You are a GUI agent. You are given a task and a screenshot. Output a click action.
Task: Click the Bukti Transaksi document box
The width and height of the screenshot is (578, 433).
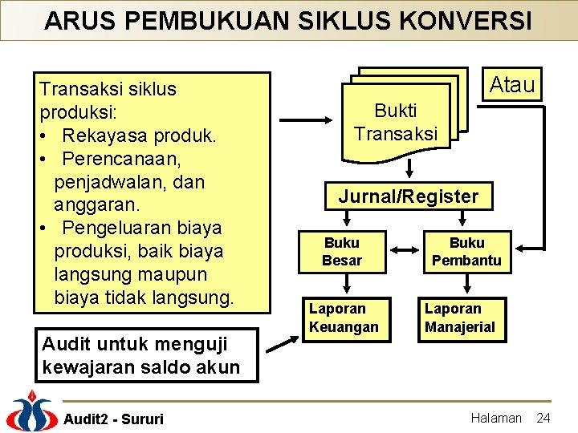click(x=396, y=123)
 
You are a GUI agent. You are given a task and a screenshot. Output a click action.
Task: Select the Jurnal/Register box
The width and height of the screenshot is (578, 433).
click(x=408, y=196)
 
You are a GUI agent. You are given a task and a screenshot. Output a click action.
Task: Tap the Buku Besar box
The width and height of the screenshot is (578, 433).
click(x=342, y=251)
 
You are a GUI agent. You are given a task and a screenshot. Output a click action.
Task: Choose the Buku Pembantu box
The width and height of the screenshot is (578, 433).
click(x=466, y=251)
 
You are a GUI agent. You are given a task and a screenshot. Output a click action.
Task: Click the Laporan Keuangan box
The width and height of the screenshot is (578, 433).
click(x=343, y=318)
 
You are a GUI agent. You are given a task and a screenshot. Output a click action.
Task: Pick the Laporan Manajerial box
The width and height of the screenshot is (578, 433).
click(x=461, y=318)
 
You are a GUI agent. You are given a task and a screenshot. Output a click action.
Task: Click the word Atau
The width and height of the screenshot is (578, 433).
click(x=511, y=84)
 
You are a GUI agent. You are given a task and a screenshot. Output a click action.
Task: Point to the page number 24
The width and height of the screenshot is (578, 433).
click(x=543, y=418)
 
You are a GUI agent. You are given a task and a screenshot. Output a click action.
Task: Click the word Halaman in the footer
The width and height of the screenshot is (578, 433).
click(x=496, y=418)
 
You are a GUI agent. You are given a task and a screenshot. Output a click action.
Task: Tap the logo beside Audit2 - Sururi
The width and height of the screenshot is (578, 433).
click(x=30, y=411)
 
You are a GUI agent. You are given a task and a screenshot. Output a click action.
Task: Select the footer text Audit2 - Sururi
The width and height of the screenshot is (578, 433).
click(x=113, y=419)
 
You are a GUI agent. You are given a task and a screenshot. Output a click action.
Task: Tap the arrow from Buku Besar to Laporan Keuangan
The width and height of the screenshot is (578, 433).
click(x=346, y=284)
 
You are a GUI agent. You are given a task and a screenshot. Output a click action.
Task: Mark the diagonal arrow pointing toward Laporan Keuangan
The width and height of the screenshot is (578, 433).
click(x=282, y=342)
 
